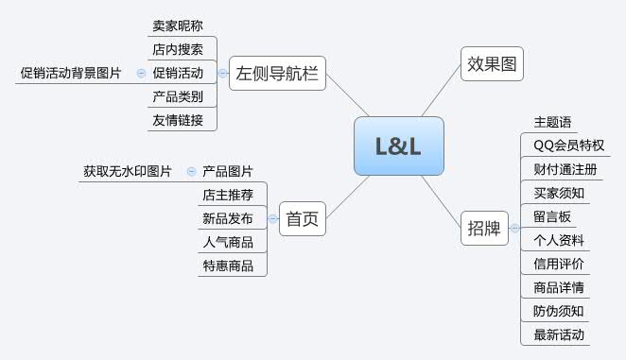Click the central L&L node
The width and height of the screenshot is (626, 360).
click(x=398, y=146)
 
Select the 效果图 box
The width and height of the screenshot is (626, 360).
click(x=491, y=63)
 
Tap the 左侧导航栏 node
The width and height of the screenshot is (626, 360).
click(x=277, y=73)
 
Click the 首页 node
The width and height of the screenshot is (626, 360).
click(x=303, y=219)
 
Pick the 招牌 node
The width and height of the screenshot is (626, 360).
click(x=485, y=228)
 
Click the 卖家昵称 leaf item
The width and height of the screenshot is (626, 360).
click(x=177, y=26)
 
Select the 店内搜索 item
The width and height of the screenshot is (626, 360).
click(x=177, y=49)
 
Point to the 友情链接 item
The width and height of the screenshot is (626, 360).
click(x=177, y=120)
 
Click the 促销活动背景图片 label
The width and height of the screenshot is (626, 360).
click(x=71, y=73)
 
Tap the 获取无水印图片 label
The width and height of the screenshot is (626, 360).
click(x=127, y=172)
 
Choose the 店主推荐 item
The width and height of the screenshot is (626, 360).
click(x=228, y=196)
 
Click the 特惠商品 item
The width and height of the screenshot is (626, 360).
click(x=228, y=266)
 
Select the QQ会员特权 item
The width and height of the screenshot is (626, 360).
click(x=568, y=146)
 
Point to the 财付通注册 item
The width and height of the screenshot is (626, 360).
click(x=559, y=169)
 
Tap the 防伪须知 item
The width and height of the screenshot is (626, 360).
click(x=559, y=311)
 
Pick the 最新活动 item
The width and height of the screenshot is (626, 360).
click(x=559, y=334)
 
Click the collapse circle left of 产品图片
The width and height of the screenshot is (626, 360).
click(x=191, y=172)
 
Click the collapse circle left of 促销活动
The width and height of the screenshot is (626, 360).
click(x=141, y=73)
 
